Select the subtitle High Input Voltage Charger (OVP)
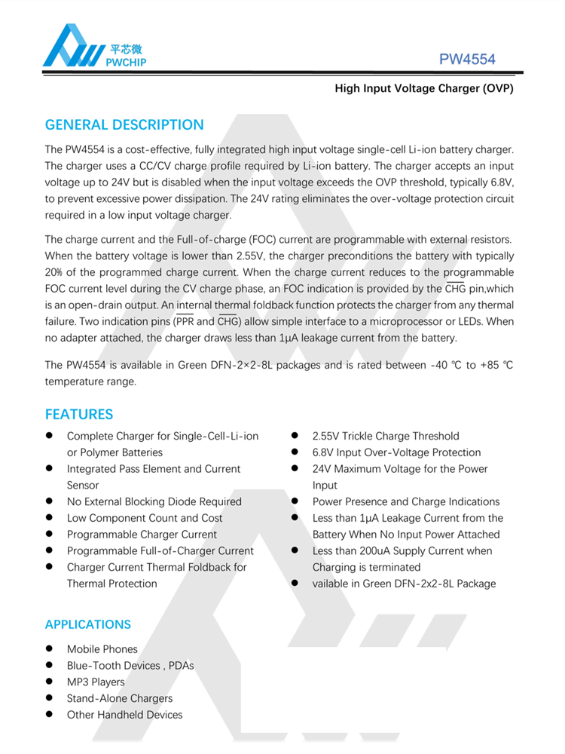click(423, 89)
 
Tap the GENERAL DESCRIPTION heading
click(124, 124)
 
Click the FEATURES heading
click(79, 414)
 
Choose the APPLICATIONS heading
click(88, 624)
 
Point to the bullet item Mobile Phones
click(102, 649)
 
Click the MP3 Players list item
click(96, 682)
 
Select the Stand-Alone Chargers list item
click(120, 698)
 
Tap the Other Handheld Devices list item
click(124, 715)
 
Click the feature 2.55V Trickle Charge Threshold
click(386, 436)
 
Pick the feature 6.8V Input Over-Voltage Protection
click(396, 452)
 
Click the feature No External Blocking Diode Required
click(154, 501)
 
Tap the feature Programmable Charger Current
click(142, 535)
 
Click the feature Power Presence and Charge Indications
click(406, 501)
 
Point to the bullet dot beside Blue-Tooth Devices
click(49, 665)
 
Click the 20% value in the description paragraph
click(53, 272)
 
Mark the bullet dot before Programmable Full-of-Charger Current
click(49, 550)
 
